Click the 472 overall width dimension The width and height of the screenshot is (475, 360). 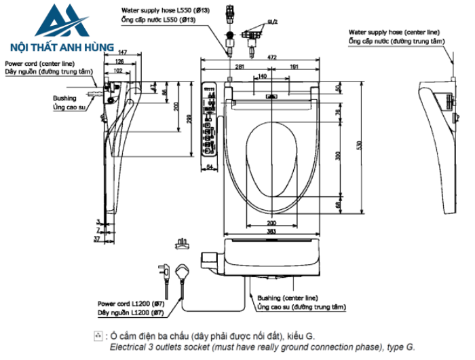coord(272,58)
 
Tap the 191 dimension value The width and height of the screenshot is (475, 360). coord(294,67)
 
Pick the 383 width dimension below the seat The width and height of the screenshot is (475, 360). coord(271,232)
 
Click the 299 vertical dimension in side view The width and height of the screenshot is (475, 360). coord(187,120)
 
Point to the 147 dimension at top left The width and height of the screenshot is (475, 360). coord(122,52)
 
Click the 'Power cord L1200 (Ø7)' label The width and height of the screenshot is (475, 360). coord(129,304)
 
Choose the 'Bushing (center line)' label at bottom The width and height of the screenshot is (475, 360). coord(287,298)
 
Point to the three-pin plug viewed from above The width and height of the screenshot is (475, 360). coord(181,242)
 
